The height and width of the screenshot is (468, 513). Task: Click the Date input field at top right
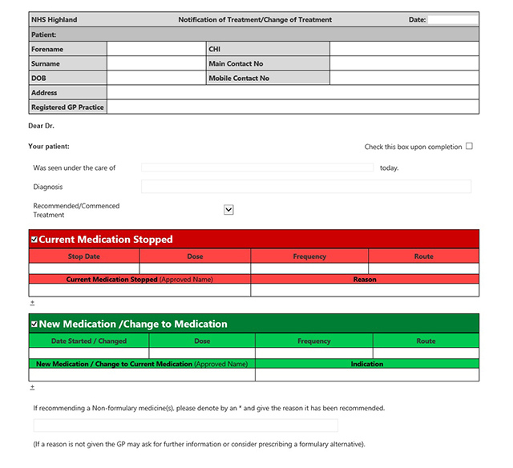[x=453, y=20]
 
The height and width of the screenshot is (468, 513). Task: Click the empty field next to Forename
[x=156, y=49]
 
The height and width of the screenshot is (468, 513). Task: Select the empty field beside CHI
[x=404, y=49]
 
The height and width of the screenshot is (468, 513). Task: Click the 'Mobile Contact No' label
[x=239, y=79]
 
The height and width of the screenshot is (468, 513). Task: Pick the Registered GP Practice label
[x=67, y=107]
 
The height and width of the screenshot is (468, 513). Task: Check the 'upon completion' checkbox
[x=470, y=146]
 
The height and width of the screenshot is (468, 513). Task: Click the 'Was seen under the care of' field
[x=257, y=167]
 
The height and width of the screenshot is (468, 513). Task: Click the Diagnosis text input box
[x=306, y=187]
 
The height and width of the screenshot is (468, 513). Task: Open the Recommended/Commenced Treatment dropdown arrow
[x=228, y=209]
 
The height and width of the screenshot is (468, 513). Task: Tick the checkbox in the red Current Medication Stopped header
[x=34, y=239]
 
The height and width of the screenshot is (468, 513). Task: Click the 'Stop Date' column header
[x=84, y=256]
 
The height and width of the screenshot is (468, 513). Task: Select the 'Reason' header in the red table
[x=365, y=280]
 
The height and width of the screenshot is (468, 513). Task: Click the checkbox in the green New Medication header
[x=34, y=324]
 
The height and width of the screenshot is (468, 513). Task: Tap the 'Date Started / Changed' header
[x=89, y=341]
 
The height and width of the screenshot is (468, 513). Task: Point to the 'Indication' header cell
[x=366, y=364]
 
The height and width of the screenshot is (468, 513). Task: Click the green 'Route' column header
[x=426, y=341]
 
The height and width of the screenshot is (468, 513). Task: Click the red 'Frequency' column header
[x=309, y=256]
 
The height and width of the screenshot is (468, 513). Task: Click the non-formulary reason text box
[x=185, y=426]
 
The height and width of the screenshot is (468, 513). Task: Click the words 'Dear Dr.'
[x=41, y=126]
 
